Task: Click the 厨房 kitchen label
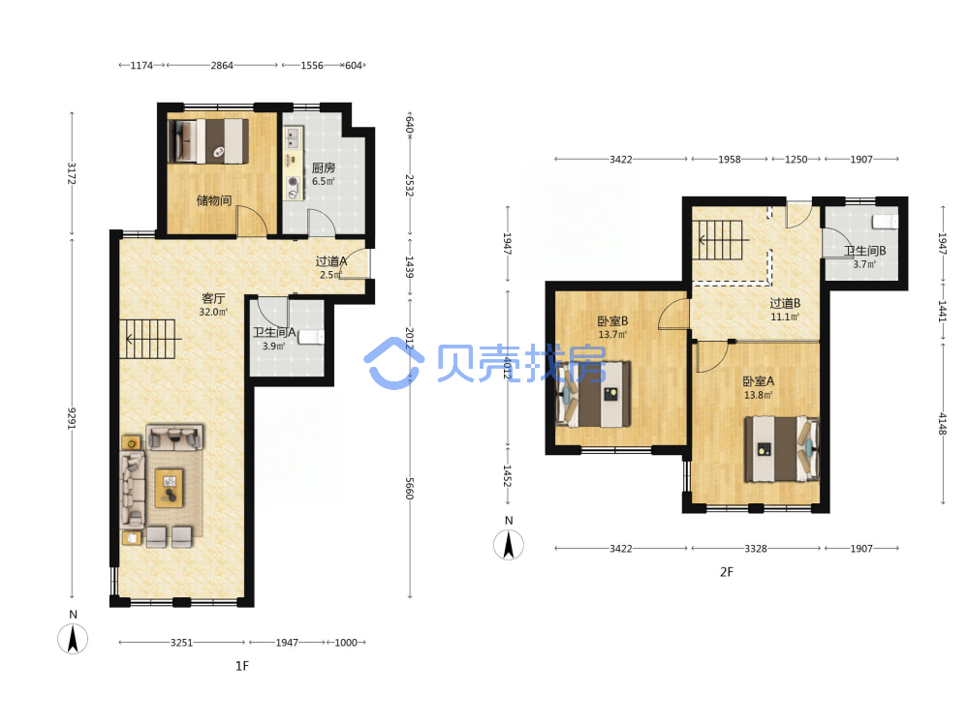[324, 167]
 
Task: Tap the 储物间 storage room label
[214, 200]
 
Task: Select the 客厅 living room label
[213, 298]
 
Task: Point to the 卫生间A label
[274, 333]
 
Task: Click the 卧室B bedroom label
[612, 321]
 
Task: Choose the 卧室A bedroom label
[759, 381]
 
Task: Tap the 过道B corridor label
[785, 303]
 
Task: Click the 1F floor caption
[241, 666]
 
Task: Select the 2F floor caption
[727, 572]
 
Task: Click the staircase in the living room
[147, 339]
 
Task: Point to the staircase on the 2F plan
[720, 240]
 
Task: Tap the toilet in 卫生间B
[885, 221]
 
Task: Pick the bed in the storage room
[209, 140]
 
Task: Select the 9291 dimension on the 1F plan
[72, 418]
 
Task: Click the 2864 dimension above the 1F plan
[222, 65]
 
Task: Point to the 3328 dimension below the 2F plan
[755, 548]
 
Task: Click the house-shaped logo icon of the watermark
[393, 363]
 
